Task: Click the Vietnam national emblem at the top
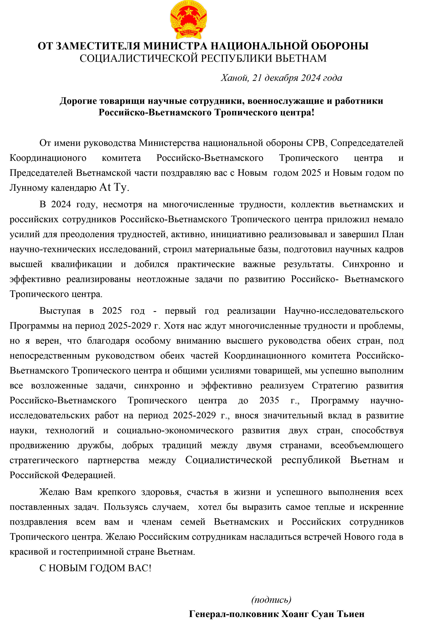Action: pos(189,20)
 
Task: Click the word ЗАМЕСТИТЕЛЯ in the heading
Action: pos(98,46)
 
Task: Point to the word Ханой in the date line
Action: pos(235,78)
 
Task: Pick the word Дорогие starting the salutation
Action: pos(78,101)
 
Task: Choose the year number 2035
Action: pos(269,400)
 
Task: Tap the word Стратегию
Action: pos(335,385)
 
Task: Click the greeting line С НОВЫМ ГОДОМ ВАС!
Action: pos(95,568)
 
